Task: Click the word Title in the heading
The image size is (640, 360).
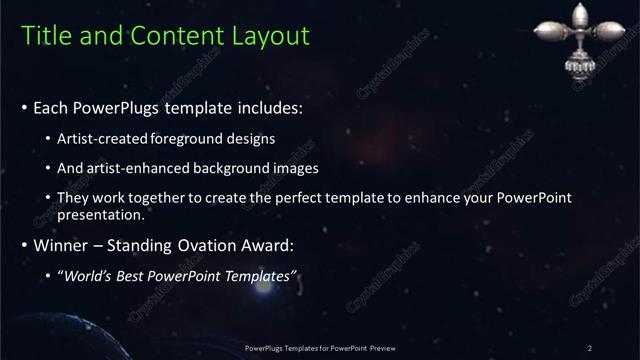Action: [46, 36]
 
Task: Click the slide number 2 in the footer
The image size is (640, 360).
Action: [591, 347]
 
